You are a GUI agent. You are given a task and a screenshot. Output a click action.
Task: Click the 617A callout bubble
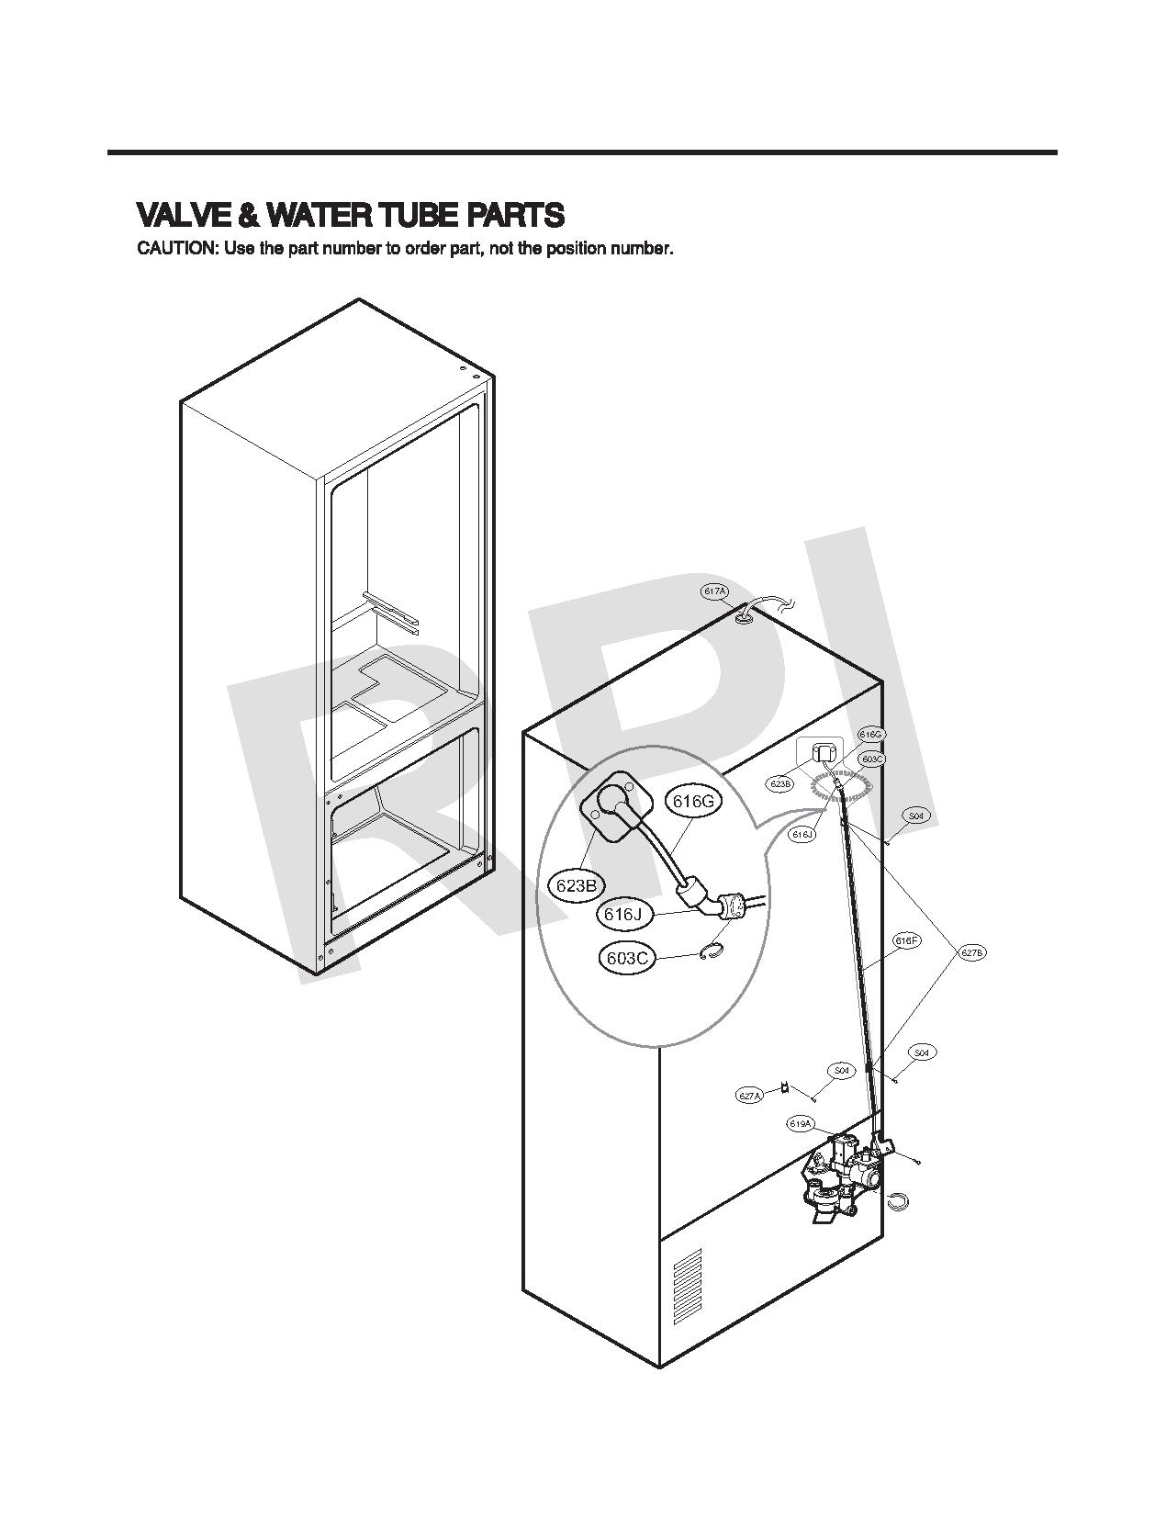[x=714, y=592]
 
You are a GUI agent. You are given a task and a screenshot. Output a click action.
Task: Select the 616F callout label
[x=906, y=940]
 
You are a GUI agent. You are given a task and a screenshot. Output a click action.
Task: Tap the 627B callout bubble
[x=972, y=953]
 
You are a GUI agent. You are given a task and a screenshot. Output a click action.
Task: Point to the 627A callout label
[x=750, y=1096]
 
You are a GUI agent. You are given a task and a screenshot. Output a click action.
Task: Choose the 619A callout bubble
[x=800, y=1124]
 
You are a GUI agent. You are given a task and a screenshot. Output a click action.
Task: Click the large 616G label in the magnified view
[x=693, y=801]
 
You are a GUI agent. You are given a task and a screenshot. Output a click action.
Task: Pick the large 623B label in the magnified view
[x=576, y=885]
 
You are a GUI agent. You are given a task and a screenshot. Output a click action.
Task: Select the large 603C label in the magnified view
[x=629, y=959]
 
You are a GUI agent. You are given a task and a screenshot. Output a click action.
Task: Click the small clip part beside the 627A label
[x=784, y=1088]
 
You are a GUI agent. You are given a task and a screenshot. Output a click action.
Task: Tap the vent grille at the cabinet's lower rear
[x=687, y=1286]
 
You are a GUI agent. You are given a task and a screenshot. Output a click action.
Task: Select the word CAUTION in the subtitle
[x=176, y=249]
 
